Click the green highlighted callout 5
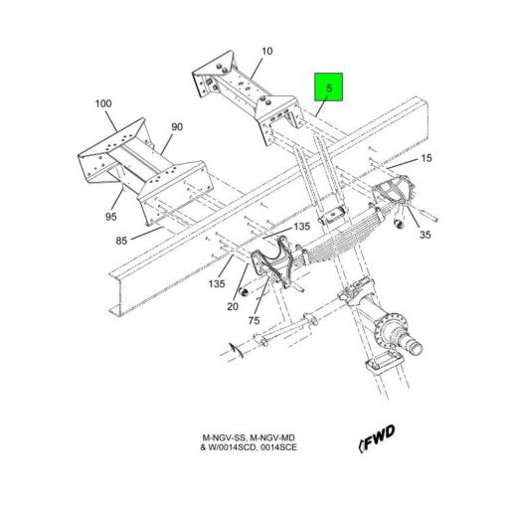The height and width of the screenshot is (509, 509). coord(330,88)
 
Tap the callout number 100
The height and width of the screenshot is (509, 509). coord(103,103)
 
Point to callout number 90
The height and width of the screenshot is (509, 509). coord(177,126)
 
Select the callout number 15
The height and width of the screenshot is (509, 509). coord(425,159)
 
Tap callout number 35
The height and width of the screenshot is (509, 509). coord(425,236)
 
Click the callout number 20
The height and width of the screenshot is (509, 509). coord(233,307)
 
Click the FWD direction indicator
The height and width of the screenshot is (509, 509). coord(376,434)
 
